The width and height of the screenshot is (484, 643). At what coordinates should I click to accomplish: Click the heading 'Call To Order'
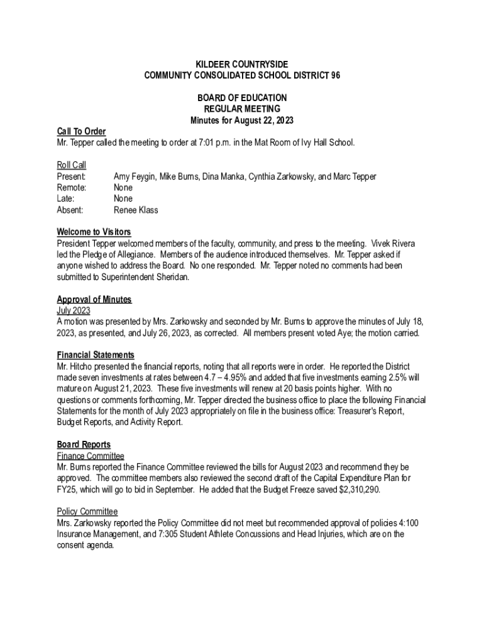click(x=81, y=131)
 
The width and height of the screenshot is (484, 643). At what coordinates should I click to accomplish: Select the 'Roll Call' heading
click(x=71, y=165)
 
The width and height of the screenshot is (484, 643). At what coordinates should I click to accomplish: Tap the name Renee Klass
click(x=136, y=210)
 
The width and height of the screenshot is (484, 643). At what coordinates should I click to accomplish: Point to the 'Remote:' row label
click(x=72, y=188)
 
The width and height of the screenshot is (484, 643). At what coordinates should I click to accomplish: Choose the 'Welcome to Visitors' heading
click(x=94, y=232)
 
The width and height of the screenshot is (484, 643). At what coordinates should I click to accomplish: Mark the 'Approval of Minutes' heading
click(x=94, y=300)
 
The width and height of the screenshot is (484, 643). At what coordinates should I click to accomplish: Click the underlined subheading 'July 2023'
click(x=74, y=311)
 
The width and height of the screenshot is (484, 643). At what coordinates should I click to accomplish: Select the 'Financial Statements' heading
click(x=95, y=355)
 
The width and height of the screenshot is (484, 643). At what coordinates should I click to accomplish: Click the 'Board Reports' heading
click(x=84, y=445)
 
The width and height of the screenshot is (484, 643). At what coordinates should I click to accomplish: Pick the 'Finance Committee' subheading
click(x=90, y=456)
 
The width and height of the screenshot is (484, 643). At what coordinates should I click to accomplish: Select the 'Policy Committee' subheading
click(x=87, y=512)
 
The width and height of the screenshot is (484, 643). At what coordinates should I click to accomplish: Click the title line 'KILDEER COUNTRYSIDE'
click(x=242, y=65)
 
